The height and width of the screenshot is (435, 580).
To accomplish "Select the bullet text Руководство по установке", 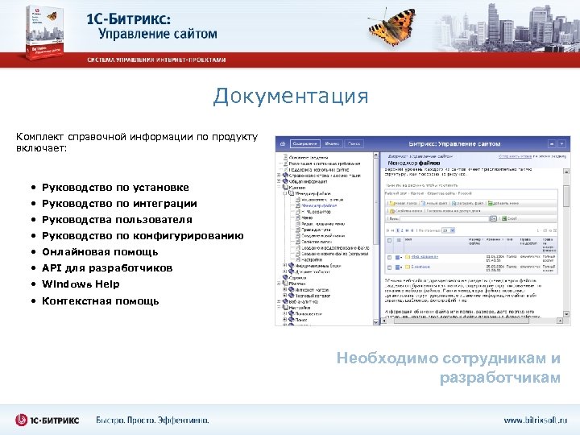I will pos(115,187).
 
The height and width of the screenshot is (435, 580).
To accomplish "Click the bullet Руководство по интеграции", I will pos(118,203).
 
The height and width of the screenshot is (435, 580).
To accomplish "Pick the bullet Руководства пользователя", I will pos(116,219).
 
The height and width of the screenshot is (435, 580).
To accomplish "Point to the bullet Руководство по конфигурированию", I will pos(142,235).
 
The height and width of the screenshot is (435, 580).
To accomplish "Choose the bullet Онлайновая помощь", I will pos(100,251).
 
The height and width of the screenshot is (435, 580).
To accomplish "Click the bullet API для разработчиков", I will pos(106,267).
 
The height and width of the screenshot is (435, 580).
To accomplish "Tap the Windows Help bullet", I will pos(81,284).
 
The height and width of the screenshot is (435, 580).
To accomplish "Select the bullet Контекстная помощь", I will pos(100,301).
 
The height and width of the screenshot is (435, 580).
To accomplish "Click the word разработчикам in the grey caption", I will pos(499,378).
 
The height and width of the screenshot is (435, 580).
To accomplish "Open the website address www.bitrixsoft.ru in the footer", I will pos(535,420).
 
